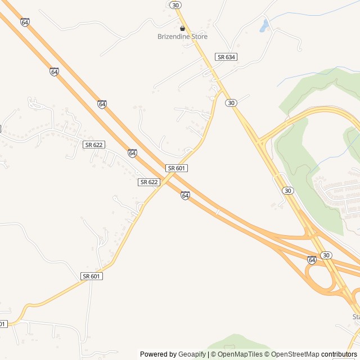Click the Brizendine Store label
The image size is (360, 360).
pos(182,37)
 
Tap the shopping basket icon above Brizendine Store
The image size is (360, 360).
pos(182,28)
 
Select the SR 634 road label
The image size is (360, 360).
pos(226,57)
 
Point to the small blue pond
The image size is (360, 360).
pos(264,25)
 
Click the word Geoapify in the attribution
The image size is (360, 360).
pos(192,354)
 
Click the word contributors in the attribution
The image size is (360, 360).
pos(339,354)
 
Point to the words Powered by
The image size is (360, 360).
pos(158,354)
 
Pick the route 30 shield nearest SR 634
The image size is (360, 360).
pos(231,103)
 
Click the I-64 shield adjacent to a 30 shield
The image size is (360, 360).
pos(312,259)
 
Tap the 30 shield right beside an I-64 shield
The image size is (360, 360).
pos(326,255)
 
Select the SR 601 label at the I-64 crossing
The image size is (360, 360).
pos(177,168)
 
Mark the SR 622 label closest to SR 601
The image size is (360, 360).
pos(149,182)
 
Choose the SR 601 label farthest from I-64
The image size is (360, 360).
pos(92,276)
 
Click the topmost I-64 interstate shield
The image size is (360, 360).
pos(24,22)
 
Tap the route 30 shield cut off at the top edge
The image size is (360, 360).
pos(176,4)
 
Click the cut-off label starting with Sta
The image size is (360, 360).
pos(355,317)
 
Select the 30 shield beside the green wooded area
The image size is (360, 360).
pos(288,191)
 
